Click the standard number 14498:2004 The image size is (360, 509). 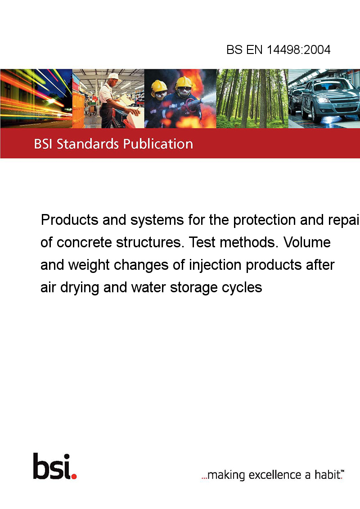tap(299, 49)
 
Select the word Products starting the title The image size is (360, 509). tap(70, 220)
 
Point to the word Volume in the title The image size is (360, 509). tap(307, 242)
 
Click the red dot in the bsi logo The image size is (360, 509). tap(74, 476)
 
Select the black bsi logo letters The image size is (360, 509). tap(52, 466)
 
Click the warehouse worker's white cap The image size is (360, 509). tap(113, 76)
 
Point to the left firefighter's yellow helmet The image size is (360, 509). tap(159, 86)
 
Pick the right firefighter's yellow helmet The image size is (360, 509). tap(184, 82)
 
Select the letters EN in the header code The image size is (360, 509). tap(254, 49)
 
